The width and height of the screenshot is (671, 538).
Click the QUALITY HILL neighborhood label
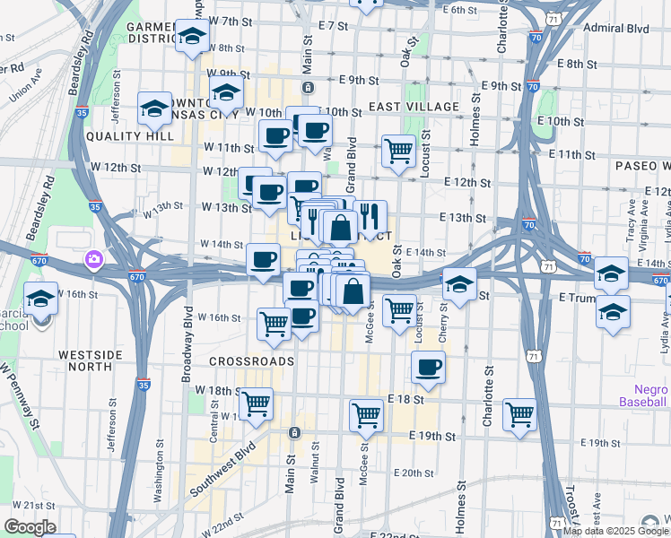click(130, 136)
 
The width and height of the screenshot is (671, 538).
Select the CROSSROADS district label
click(252, 361)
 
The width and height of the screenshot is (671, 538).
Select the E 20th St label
click(413, 473)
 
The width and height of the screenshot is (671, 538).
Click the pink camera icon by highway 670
click(94, 260)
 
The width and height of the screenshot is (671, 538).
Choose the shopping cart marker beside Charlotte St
click(519, 414)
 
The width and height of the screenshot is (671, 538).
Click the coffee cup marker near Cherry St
click(428, 367)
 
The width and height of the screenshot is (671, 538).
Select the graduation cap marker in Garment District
click(192, 37)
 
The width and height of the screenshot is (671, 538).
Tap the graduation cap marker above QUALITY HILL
click(155, 108)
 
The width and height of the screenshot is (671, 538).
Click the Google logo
click(30, 527)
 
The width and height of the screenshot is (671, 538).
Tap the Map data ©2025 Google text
click(616, 531)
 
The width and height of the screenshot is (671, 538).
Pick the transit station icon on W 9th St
click(307, 87)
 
